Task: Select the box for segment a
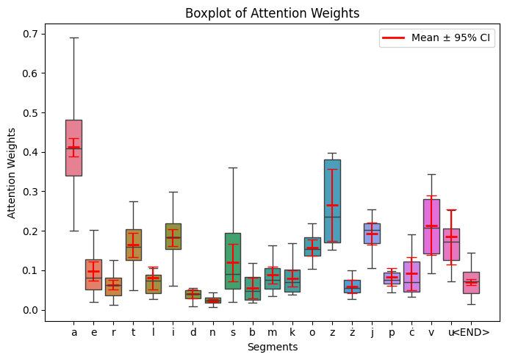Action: [x=73, y=148]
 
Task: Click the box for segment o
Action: [x=312, y=246]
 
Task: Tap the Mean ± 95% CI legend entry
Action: [x=436, y=39]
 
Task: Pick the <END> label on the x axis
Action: [x=471, y=332]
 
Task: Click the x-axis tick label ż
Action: [x=352, y=332]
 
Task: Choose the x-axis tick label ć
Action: [x=411, y=332]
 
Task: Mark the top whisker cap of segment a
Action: [x=73, y=37]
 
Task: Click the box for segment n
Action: [x=213, y=300]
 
